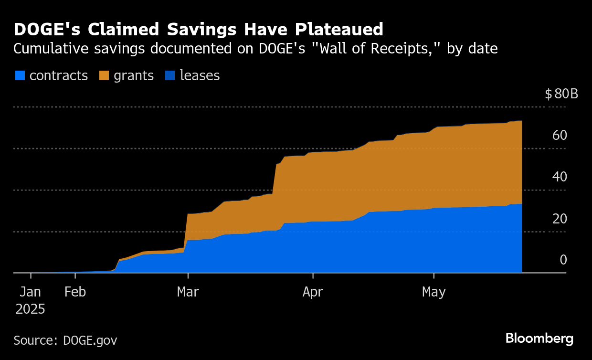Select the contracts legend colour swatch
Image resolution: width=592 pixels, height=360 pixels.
coord(20,75)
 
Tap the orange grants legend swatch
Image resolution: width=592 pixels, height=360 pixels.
coord(104,75)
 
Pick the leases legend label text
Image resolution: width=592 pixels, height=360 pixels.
coord(200,75)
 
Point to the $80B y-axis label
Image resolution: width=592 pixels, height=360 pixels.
coord(561,94)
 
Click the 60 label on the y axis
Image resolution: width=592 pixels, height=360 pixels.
coord(560,136)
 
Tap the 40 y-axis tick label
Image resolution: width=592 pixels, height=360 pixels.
coord(560,177)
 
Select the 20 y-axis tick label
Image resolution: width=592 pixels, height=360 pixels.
coord(560,219)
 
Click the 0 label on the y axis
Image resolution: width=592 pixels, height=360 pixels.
coord(563,260)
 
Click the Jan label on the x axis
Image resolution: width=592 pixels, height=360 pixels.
coord(31,292)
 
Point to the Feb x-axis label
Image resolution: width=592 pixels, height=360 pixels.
coord(75,292)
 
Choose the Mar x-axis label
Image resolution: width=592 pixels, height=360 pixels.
coord(188,292)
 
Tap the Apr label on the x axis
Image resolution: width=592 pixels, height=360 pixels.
coord(313,292)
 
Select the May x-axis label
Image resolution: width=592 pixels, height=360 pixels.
coord(433,292)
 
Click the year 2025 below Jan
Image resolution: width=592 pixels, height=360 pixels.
coord(31,309)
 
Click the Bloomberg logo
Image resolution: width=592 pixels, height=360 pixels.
coord(539,339)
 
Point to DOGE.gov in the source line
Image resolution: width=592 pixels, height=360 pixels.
coord(90,340)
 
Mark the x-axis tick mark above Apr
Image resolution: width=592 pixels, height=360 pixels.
coord(313,275)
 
